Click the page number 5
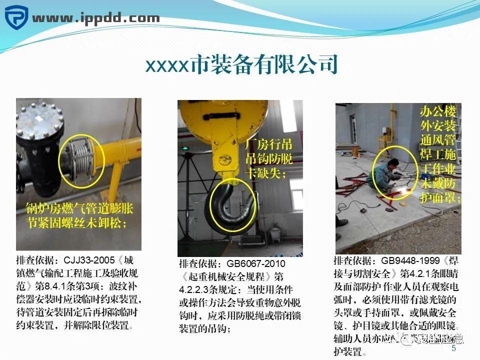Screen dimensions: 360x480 453,348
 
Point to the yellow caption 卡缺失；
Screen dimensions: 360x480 265,173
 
